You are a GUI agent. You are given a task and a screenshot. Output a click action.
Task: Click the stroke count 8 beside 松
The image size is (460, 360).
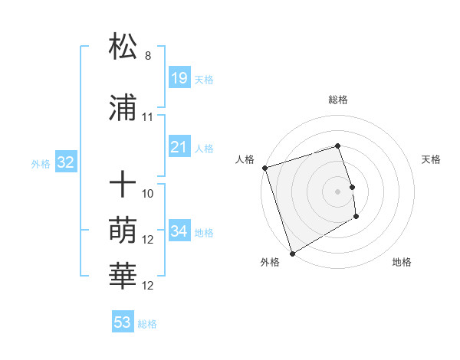[148, 56]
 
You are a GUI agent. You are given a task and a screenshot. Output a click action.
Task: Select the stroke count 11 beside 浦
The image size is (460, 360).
[148, 118]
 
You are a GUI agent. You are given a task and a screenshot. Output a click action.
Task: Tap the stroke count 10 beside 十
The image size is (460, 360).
[148, 194]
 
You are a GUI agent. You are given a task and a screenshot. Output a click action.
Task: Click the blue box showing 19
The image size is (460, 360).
[179, 77]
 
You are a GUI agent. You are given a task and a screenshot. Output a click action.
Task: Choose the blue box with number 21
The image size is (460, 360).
[179, 146]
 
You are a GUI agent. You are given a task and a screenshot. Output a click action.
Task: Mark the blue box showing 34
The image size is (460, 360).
[179, 231]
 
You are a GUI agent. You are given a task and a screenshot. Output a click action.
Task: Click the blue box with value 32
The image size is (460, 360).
[65, 162]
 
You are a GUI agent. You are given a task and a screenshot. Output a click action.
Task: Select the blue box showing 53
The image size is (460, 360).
[123, 322]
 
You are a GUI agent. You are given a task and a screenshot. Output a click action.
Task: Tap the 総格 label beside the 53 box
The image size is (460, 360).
[147, 324]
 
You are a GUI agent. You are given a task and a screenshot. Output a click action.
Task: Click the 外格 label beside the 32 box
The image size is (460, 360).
[41, 163]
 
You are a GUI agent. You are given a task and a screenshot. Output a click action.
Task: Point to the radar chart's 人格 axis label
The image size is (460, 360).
[245, 159]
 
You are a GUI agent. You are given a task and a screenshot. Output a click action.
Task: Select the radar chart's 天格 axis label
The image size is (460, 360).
[431, 159]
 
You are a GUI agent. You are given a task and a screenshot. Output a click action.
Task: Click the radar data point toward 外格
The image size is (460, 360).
[291, 254]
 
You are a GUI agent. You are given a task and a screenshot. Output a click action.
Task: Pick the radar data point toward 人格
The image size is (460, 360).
[264, 168]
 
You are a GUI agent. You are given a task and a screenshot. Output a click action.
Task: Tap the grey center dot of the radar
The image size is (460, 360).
[338, 191]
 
